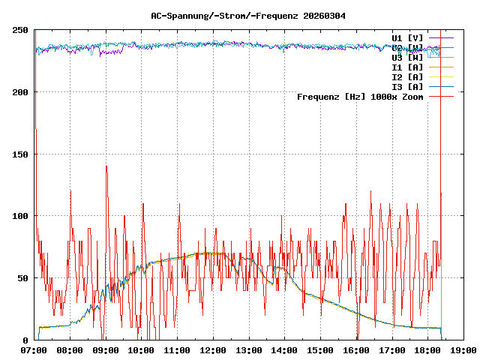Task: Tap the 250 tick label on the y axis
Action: [x=20, y=30]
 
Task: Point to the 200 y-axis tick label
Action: [x=20, y=92]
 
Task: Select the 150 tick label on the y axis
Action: [x=20, y=154]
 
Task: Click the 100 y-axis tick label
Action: [x=20, y=216]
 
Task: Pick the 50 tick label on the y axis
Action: [x=23, y=278]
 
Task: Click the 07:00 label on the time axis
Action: [x=34, y=349]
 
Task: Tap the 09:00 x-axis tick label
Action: [x=106, y=349]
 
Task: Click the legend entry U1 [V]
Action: [x=407, y=37]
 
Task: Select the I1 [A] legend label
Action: [x=407, y=67]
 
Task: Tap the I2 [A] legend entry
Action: [x=407, y=76]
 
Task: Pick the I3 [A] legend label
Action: [x=407, y=86]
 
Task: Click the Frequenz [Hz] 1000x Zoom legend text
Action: [x=360, y=96]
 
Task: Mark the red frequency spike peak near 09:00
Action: [x=106, y=166]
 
